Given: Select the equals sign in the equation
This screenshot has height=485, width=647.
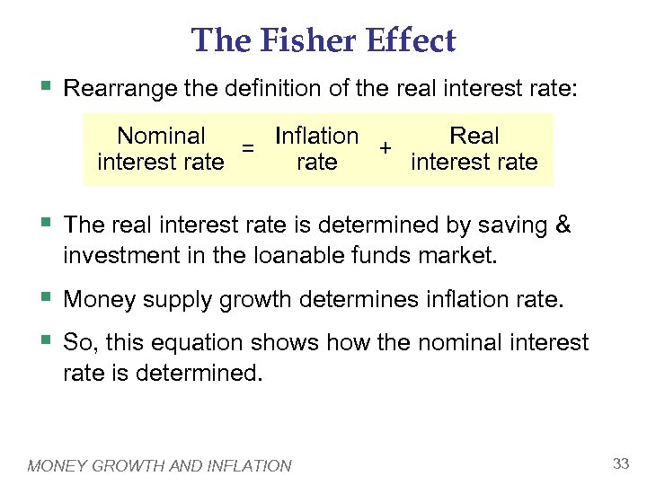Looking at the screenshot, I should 251,147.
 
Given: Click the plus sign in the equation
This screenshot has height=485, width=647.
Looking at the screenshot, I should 385,147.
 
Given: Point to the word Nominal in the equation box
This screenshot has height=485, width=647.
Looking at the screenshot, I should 162,136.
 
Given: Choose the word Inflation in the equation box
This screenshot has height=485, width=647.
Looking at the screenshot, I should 317,136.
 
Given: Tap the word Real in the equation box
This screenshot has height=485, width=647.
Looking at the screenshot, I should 474,136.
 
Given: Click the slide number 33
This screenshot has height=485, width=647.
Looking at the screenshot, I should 620,463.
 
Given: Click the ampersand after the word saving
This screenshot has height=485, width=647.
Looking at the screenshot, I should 563,225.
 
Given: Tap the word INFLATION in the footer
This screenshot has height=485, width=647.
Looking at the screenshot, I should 250,465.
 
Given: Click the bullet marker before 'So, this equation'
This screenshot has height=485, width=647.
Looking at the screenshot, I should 47,340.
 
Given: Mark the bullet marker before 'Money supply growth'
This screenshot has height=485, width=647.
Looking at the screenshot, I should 47,296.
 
